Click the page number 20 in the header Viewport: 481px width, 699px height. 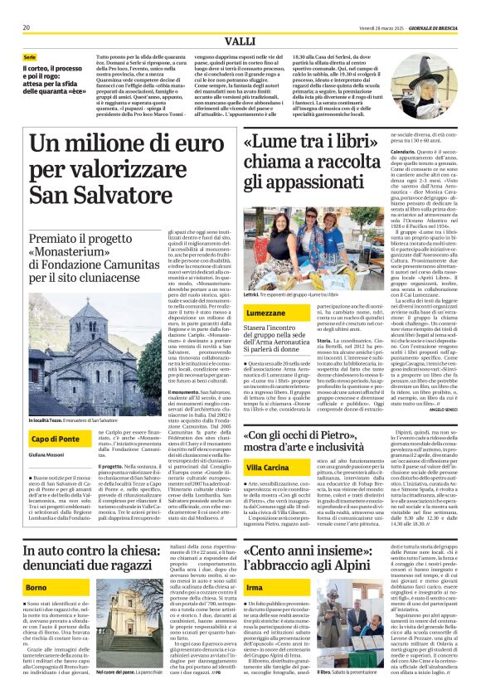pos(25,27)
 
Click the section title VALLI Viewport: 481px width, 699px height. pos(240,42)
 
